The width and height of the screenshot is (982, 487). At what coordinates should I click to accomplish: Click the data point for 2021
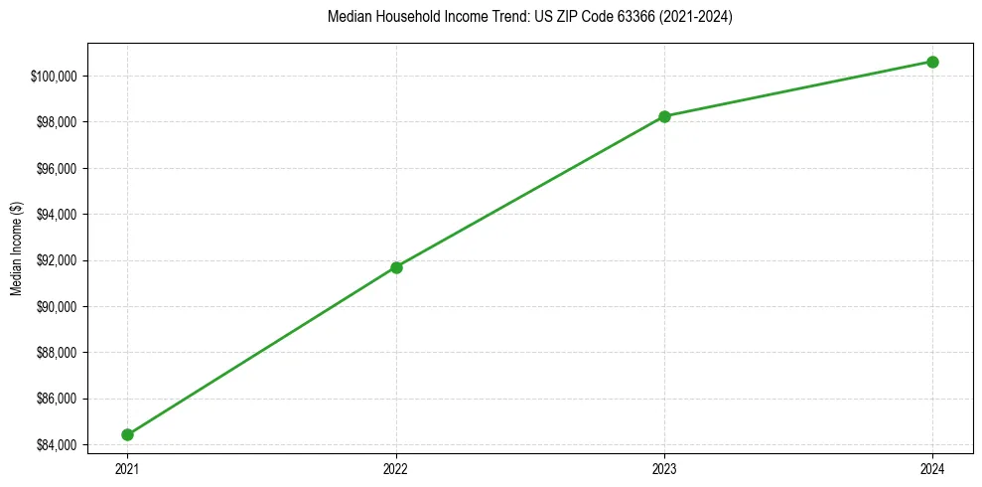[127, 434]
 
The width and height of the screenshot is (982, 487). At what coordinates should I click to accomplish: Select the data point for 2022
[396, 267]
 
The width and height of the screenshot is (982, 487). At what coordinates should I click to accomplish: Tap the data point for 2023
[664, 116]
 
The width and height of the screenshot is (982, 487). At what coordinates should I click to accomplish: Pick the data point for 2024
[932, 62]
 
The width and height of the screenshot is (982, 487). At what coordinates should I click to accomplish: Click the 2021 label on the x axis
[127, 468]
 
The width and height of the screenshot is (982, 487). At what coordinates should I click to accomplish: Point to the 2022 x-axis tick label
[396, 468]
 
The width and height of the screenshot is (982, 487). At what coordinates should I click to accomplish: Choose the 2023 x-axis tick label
[664, 468]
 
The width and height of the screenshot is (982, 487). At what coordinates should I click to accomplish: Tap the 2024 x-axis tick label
[932, 468]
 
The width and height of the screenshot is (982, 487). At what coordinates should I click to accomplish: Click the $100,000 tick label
[56, 77]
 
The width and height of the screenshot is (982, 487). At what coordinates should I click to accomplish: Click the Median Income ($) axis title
[16, 248]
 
